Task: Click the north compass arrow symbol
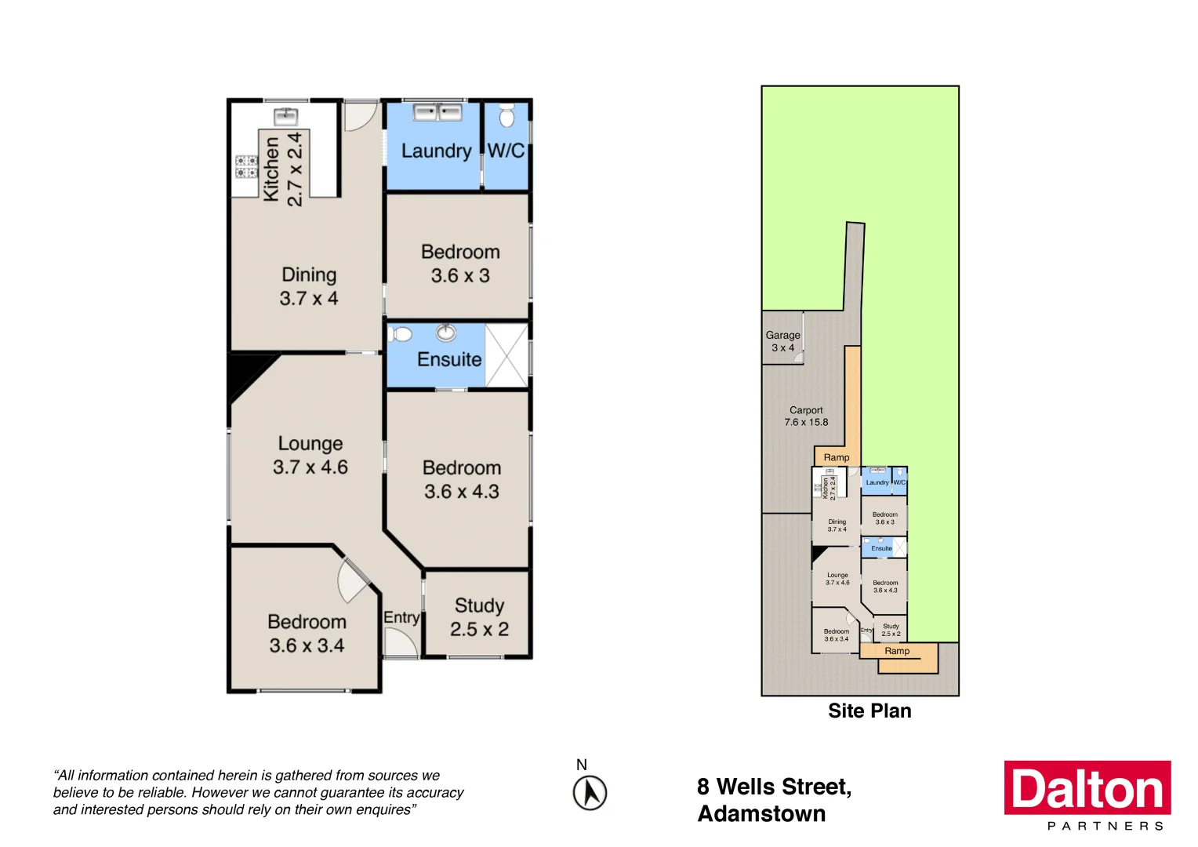[590, 793]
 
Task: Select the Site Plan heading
[869, 711]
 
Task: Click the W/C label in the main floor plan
[506, 151]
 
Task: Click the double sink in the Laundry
[437, 112]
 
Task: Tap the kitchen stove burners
[246, 166]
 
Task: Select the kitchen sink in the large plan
[285, 117]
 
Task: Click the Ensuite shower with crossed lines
[506, 354]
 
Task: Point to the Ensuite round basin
[446, 333]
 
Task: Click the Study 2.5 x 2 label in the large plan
[479, 617]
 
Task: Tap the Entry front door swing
[401, 642]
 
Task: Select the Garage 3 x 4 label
[782, 341]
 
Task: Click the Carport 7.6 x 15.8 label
[806, 416]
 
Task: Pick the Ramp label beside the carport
[836, 457]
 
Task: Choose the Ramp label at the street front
[897, 651]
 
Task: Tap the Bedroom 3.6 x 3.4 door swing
[353, 580]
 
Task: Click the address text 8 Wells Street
[774, 787]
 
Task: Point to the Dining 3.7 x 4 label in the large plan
[309, 286]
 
